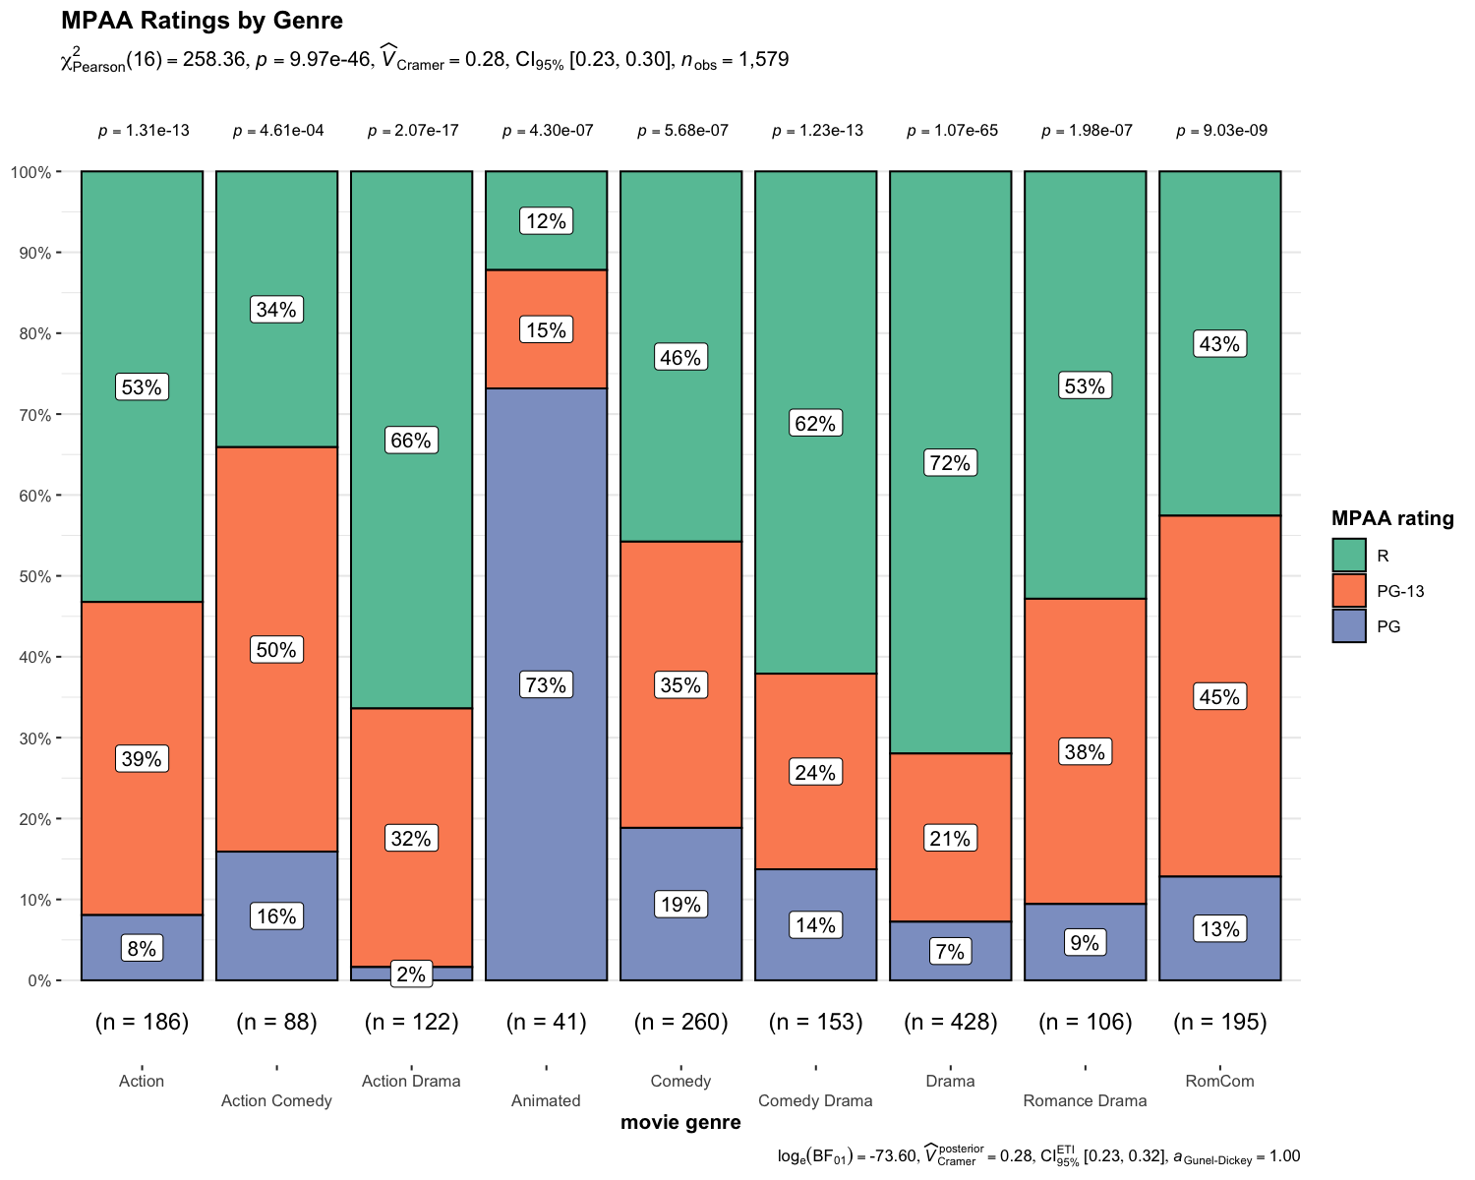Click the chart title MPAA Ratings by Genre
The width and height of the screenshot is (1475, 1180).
pos(202,21)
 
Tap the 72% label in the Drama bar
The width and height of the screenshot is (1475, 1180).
pos(950,462)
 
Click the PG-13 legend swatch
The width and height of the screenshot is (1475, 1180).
pos(1349,591)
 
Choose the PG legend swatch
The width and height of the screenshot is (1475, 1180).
pos(1349,626)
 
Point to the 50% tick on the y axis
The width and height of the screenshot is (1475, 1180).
pos(35,576)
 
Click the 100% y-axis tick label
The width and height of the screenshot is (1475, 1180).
pos(30,172)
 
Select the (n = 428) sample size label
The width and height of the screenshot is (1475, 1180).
pos(950,1022)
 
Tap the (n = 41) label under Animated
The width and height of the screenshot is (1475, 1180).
pos(546,1022)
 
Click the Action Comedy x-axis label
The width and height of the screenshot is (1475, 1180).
pos(276,1100)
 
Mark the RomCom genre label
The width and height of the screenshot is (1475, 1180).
pos(1219,1081)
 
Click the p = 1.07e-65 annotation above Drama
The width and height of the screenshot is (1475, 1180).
pos(952,131)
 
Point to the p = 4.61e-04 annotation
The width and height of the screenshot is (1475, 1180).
pos(278,131)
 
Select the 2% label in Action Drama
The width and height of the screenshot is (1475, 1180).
pos(411,974)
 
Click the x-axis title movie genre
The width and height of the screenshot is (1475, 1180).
pos(680,1123)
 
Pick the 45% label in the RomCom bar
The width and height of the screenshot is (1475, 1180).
pos(1219,697)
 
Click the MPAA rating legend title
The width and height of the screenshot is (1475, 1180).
pos(1391,518)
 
